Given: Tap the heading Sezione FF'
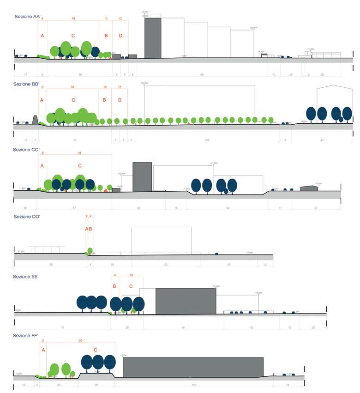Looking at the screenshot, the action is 25,335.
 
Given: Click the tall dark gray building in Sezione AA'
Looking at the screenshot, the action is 153,38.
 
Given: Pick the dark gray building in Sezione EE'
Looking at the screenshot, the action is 186,301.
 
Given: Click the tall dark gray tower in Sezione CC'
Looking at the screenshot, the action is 142,176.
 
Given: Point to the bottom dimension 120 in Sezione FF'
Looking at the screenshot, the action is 194,385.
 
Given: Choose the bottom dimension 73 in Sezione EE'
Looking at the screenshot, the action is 62,327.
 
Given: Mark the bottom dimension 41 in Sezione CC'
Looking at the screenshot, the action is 138,208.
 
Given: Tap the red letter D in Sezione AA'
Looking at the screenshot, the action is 120,36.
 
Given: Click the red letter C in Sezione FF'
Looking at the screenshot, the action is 96,350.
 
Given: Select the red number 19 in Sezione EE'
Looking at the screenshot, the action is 131,276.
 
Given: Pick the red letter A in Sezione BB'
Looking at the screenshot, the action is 42,100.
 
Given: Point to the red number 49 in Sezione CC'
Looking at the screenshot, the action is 79,153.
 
